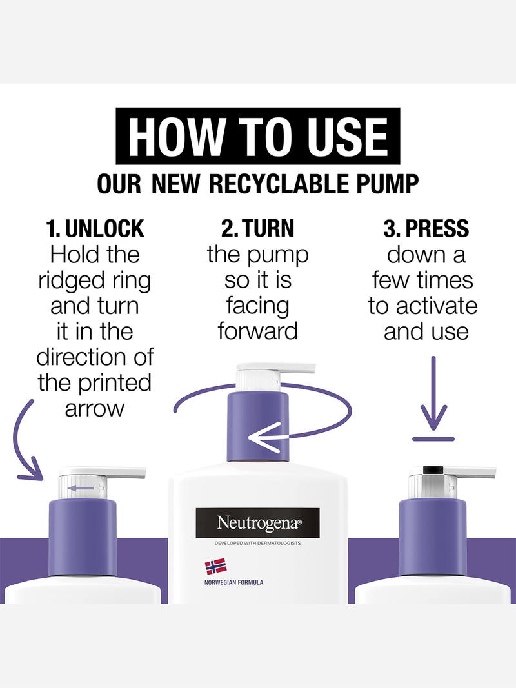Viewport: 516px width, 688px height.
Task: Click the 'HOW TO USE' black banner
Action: tap(258, 135)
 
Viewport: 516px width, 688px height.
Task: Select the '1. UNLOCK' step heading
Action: tap(95, 229)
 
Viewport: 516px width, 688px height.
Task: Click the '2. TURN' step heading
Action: tap(257, 229)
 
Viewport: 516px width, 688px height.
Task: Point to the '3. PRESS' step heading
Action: tap(426, 229)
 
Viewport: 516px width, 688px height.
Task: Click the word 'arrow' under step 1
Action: tap(95, 409)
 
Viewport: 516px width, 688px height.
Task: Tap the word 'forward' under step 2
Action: tap(258, 331)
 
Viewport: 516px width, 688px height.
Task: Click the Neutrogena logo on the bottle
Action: tap(257, 522)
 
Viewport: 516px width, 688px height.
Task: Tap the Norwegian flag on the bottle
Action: tap(216, 566)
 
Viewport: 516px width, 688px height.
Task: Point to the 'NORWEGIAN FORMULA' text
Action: tap(234, 582)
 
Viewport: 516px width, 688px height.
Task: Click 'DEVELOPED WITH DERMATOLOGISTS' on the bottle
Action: tap(257, 543)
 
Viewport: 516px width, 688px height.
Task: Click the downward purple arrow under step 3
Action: tap(433, 393)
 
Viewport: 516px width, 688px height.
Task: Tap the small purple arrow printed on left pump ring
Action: tap(81, 488)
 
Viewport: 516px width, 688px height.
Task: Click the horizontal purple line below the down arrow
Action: tap(433, 438)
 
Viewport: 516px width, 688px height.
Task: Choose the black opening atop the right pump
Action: tap(433, 469)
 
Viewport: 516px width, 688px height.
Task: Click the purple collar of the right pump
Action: tap(433, 538)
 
